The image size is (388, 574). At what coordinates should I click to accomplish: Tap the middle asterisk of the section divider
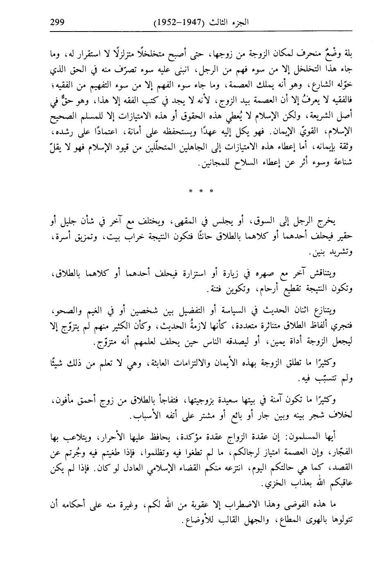coord(201,190)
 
